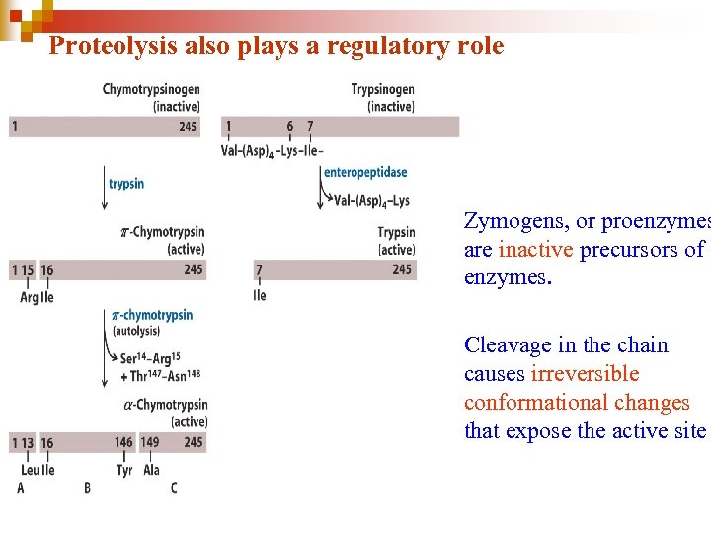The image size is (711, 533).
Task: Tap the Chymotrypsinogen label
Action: point(151,90)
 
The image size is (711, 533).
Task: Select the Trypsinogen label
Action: point(382,90)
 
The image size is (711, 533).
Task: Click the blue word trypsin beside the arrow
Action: point(126,184)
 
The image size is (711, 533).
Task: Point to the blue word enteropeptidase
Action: point(365,172)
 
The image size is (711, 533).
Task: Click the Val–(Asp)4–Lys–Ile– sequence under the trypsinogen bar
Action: point(274,150)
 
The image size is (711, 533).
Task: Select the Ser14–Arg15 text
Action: point(149,357)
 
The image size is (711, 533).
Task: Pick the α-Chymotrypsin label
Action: point(166,405)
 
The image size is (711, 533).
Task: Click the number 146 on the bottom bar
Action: point(123,443)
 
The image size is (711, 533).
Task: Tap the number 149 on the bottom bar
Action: point(149,443)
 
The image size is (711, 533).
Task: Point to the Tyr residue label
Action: point(123,470)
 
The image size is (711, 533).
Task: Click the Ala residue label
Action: point(151,470)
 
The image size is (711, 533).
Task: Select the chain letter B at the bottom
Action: point(87,488)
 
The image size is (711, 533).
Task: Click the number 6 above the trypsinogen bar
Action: point(290,126)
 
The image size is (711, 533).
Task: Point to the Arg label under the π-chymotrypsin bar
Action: point(29,297)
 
